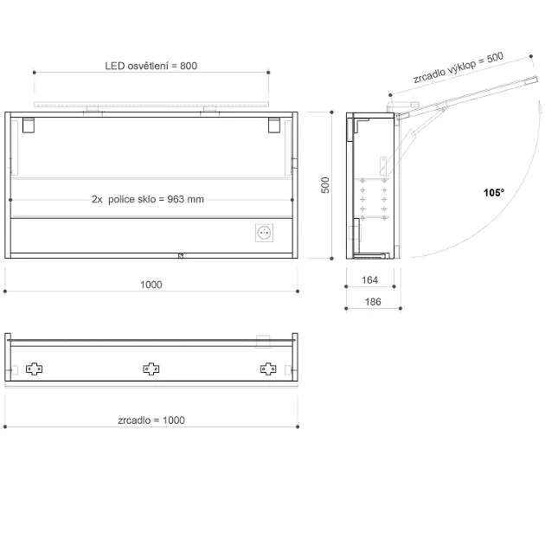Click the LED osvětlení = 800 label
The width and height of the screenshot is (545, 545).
(x=151, y=66)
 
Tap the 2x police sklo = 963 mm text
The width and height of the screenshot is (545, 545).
(x=148, y=199)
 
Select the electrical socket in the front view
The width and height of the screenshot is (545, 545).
(x=264, y=233)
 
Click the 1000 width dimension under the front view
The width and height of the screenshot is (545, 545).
(x=151, y=285)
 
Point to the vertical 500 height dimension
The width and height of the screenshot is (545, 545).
(x=325, y=185)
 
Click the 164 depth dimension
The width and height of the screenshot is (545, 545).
(x=369, y=279)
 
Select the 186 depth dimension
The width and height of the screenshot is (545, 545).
(x=373, y=302)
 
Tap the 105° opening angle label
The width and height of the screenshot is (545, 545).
(x=494, y=193)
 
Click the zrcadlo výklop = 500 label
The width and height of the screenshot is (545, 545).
(x=458, y=67)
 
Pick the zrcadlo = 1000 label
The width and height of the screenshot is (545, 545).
(x=151, y=420)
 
